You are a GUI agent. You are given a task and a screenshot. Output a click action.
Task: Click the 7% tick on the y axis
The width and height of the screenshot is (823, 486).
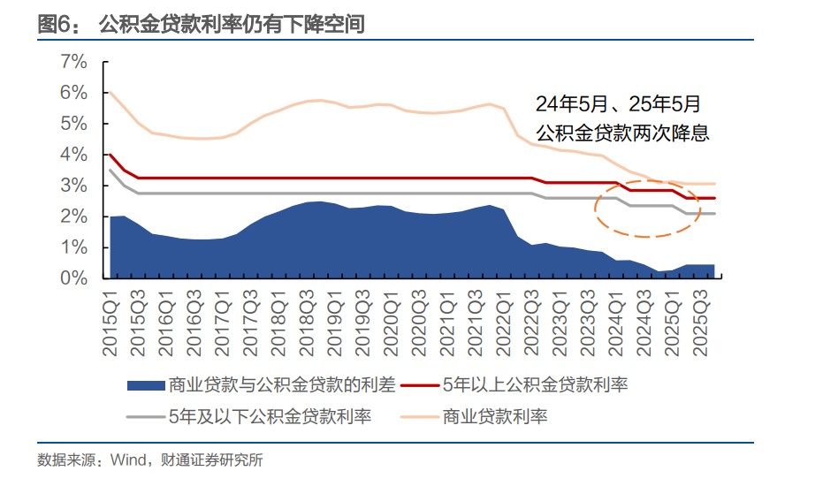(x=73, y=62)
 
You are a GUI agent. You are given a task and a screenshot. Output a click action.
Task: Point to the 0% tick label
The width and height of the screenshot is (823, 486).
(x=73, y=278)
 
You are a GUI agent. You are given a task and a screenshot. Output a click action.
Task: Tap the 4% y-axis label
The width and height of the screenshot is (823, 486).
(x=73, y=155)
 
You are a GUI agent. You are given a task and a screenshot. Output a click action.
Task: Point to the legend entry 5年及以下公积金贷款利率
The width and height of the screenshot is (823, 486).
(x=269, y=416)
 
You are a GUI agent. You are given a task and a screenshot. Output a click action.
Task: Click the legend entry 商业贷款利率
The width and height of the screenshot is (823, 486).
(x=495, y=416)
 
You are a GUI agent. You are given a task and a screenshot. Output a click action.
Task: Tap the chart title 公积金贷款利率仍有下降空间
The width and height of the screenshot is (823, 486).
(x=232, y=24)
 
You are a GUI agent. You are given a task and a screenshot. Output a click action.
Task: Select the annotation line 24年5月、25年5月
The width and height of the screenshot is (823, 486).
(x=618, y=104)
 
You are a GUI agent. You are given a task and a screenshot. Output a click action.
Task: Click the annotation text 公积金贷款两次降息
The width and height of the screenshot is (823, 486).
(x=623, y=133)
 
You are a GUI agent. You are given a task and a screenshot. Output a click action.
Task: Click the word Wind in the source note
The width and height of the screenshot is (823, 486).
(x=129, y=459)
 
